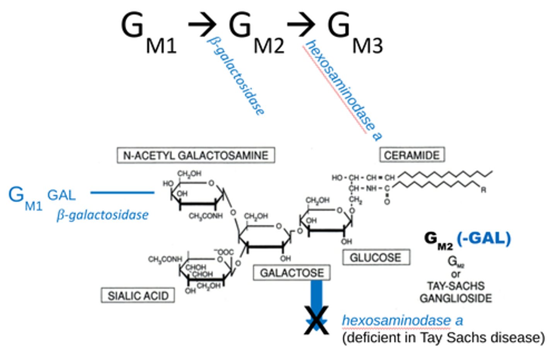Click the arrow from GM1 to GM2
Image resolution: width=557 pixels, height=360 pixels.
point(202,25)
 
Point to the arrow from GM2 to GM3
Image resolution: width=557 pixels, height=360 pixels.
point(301,25)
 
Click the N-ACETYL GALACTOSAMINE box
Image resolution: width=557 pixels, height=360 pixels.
point(196,155)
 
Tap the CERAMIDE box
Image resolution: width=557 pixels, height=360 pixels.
point(412,155)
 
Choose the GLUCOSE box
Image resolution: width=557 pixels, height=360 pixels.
point(376,257)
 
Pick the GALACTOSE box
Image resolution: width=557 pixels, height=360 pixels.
point(292,273)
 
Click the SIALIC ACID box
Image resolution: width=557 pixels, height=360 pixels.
point(138,296)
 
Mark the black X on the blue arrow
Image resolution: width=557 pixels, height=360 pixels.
point(316,321)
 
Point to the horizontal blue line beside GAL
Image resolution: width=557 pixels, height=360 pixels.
point(122,192)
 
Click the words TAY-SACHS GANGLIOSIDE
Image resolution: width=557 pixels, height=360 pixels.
point(456,292)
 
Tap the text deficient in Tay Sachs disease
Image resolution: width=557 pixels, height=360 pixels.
point(443,338)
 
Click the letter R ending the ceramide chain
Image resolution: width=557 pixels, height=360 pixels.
point(483,190)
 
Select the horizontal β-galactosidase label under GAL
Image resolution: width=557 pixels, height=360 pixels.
point(103,215)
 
